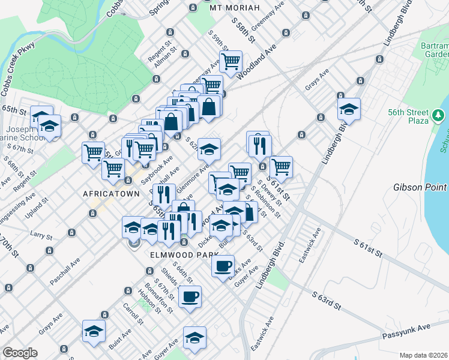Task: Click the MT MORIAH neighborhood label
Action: coord(235,8)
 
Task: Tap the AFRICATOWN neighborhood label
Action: coord(110,194)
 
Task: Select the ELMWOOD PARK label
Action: coord(173,254)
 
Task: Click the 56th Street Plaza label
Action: coord(408,116)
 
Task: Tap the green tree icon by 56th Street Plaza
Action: coord(439,114)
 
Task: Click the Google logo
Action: coord(20,353)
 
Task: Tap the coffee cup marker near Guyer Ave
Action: coord(223,265)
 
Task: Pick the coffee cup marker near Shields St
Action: coord(190,296)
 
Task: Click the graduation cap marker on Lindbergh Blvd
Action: coord(348,109)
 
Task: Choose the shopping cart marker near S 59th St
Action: coord(231,61)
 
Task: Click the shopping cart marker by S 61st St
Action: coord(280,166)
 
